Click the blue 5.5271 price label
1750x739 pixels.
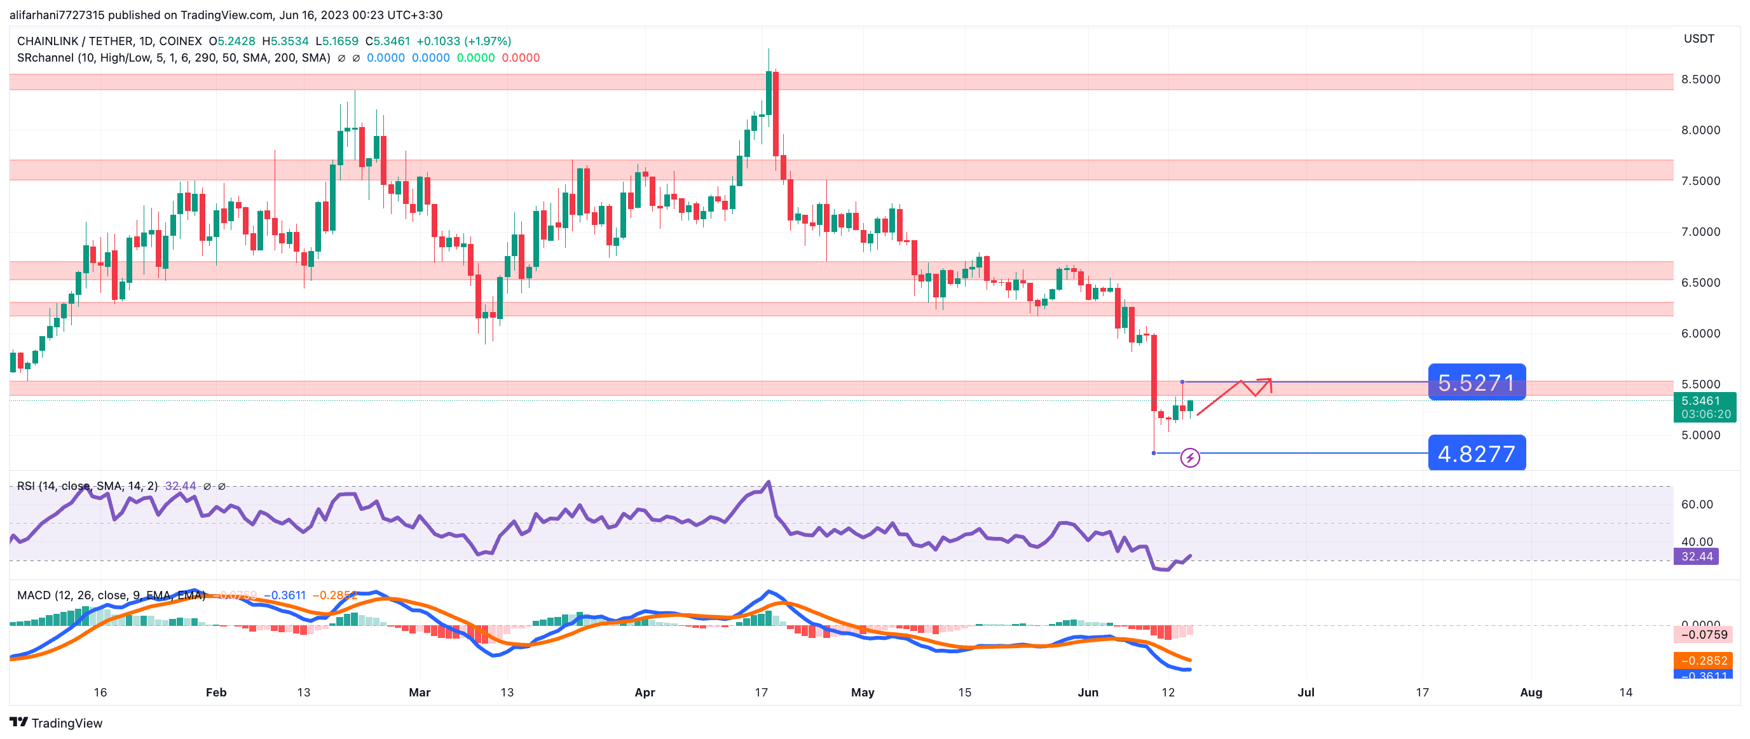tap(1476, 383)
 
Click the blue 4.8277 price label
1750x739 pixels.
tap(1476, 453)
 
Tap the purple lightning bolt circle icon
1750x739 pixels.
tap(1189, 458)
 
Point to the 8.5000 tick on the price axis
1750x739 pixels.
tap(1700, 79)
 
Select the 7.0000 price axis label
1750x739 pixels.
tap(1700, 232)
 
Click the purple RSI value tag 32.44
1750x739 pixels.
tap(1697, 556)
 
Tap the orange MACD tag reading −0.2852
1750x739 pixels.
tap(1703, 660)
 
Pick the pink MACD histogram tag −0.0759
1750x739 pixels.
tap(1703, 634)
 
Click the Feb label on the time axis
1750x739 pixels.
tap(216, 692)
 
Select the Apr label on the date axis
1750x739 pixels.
tap(644, 692)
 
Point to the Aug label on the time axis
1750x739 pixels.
tap(1531, 692)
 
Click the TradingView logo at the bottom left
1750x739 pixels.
tap(56, 722)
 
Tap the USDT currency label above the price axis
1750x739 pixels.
tap(1699, 39)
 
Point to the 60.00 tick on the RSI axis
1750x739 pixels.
tap(1697, 504)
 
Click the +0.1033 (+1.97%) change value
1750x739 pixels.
tap(463, 41)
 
